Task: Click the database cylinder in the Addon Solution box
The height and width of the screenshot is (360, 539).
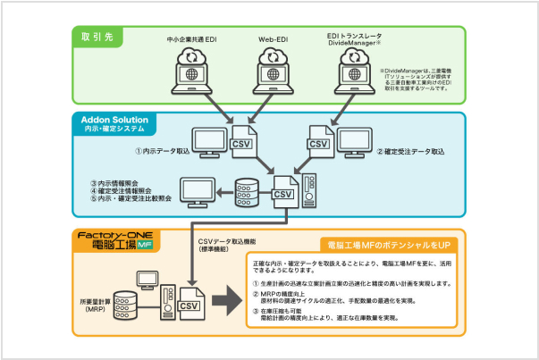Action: click(246, 191)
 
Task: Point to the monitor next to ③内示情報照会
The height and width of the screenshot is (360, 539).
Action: click(198, 189)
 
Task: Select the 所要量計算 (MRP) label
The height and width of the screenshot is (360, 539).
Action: click(104, 298)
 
